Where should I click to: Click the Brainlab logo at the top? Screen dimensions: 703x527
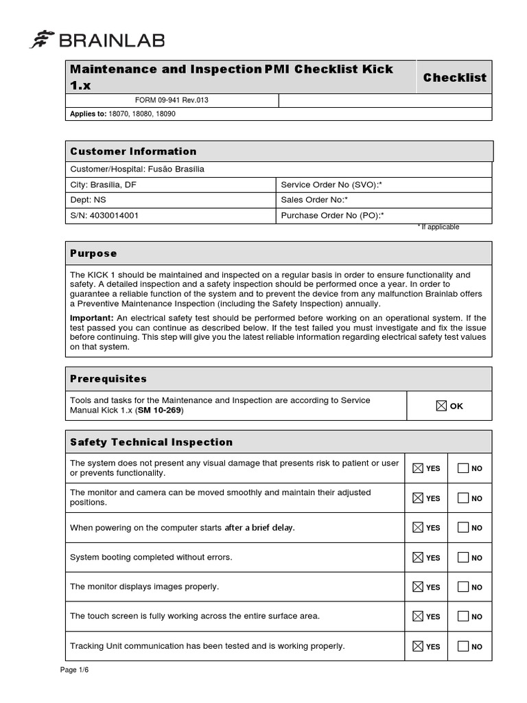coord(97,41)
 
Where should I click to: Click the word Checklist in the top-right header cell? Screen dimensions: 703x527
coord(454,78)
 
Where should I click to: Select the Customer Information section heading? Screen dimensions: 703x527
coord(133,151)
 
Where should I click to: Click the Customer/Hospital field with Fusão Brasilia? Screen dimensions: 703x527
coord(137,169)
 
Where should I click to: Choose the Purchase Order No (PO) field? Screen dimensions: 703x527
coord(332,215)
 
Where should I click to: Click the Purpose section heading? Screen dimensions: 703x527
coord(93,253)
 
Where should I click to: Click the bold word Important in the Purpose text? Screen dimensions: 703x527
coord(92,318)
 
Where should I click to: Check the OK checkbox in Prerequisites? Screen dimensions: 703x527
coord(441,406)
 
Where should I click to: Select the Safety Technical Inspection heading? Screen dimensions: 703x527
coord(151,442)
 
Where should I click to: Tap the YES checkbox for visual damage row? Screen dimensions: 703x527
coord(417,468)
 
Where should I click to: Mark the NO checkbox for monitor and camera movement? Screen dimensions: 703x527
coord(463,498)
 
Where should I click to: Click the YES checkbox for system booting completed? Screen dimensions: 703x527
coord(417,557)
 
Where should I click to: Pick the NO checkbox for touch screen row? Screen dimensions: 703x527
coord(463,616)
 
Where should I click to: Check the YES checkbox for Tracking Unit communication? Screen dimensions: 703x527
coord(417,646)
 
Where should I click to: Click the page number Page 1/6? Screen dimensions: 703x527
coord(74,670)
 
